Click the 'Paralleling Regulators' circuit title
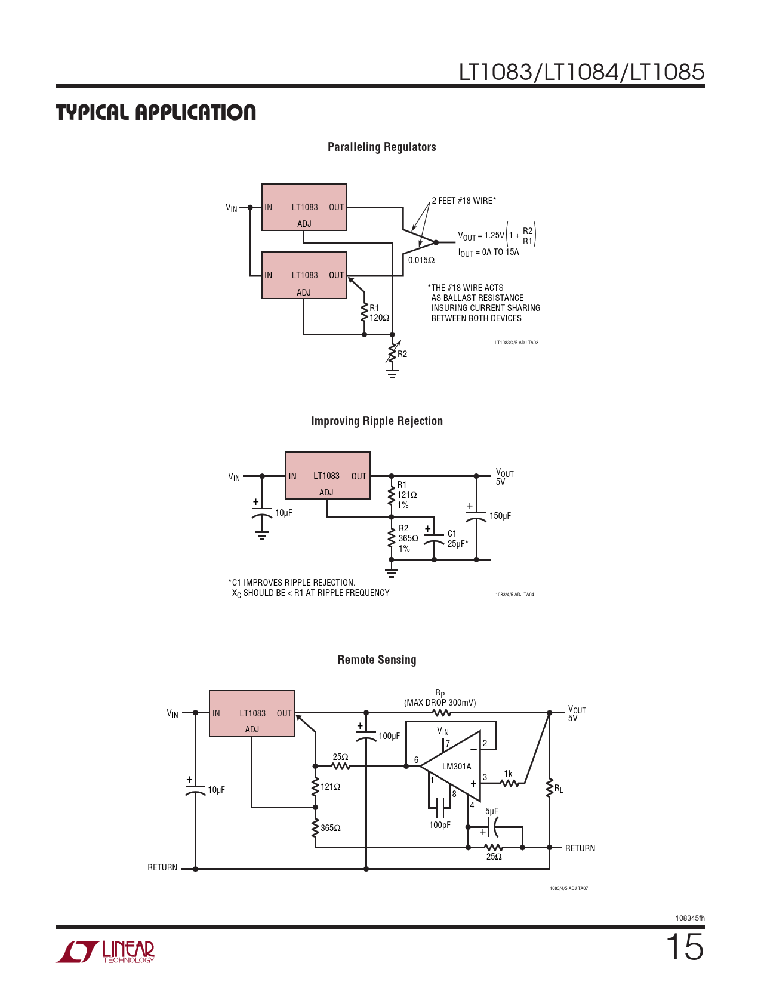point(381,147)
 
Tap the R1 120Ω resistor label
point(379,313)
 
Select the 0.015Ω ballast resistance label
point(421,260)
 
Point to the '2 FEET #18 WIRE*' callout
point(464,201)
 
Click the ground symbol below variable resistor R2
point(392,374)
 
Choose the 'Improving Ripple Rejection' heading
point(377,421)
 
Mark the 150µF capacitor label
point(500,516)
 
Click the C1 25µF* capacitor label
point(457,538)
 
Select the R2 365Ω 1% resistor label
point(408,538)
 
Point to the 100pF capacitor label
point(440,825)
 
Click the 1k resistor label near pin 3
point(508,774)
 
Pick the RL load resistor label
point(559,789)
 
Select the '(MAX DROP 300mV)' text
point(440,703)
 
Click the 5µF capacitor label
point(491,811)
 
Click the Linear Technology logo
point(106,952)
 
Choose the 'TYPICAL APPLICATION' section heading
point(156,112)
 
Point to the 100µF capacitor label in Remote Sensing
point(389,736)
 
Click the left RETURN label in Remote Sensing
point(162,867)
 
